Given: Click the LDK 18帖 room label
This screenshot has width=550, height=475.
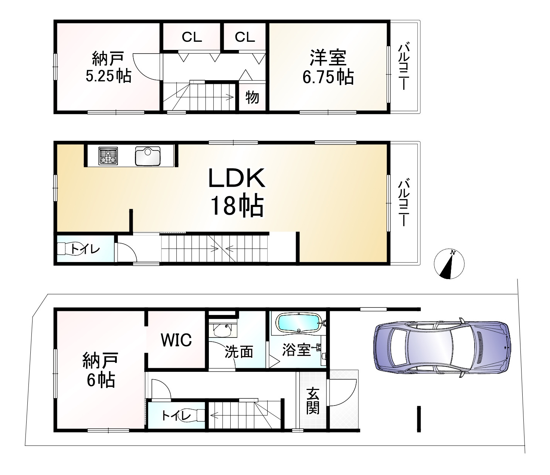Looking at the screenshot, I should coord(237,192).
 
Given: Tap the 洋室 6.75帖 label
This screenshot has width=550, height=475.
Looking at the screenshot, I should coord(328,68).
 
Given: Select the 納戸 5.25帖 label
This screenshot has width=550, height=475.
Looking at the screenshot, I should coord(108,68).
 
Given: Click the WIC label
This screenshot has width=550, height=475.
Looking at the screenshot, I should coord(176,340).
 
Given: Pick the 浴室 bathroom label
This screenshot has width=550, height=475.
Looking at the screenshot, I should coord(296,350).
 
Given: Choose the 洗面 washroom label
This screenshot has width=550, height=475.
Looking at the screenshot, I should coord(239,352).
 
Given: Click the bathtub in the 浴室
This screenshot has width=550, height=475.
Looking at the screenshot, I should coord(298,322).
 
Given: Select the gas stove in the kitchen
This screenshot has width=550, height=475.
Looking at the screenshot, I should coord(108,156).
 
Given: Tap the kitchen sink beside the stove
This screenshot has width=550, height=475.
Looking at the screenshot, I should coord(148,156).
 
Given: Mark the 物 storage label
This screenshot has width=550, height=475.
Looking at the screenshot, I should coord(252,98).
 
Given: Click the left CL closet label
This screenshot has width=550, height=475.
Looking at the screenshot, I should coord(191,37).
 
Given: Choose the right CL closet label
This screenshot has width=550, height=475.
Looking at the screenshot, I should coord(245,37).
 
